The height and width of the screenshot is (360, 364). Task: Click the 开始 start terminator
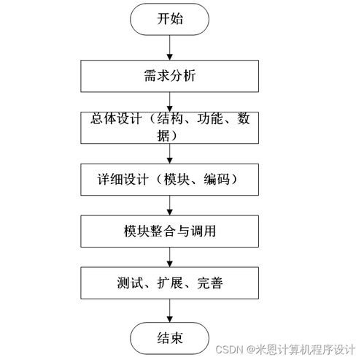click(169, 19)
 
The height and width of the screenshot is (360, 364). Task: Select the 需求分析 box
click(169, 76)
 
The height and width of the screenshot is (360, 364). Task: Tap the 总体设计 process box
click(169, 128)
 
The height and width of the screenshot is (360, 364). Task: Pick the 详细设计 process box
click(169, 180)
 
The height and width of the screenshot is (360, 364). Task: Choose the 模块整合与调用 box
click(169, 231)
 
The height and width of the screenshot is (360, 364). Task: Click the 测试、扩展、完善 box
click(169, 283)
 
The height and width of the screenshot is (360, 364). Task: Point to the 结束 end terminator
click(169, 338)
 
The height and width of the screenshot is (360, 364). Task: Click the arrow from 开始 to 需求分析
click(169, 47)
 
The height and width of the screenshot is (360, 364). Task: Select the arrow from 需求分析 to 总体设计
click(169, 102)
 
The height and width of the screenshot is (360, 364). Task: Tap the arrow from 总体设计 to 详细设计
click(169, 154)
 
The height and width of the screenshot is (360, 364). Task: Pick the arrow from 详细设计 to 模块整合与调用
click(169, 205)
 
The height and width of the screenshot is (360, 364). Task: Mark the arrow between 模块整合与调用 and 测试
click(169, 257)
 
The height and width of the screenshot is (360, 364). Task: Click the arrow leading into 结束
click(169, 311)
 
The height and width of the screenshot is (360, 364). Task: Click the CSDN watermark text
click(285, 350)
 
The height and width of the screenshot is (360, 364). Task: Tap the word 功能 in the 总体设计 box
click(210, 118)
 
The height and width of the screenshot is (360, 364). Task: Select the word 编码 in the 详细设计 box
click(217, 180)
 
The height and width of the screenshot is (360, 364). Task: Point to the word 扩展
click(170, 283)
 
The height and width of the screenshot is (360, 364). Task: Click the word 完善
click(210, 283)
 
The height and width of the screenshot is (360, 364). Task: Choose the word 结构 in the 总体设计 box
click(170, 118)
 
